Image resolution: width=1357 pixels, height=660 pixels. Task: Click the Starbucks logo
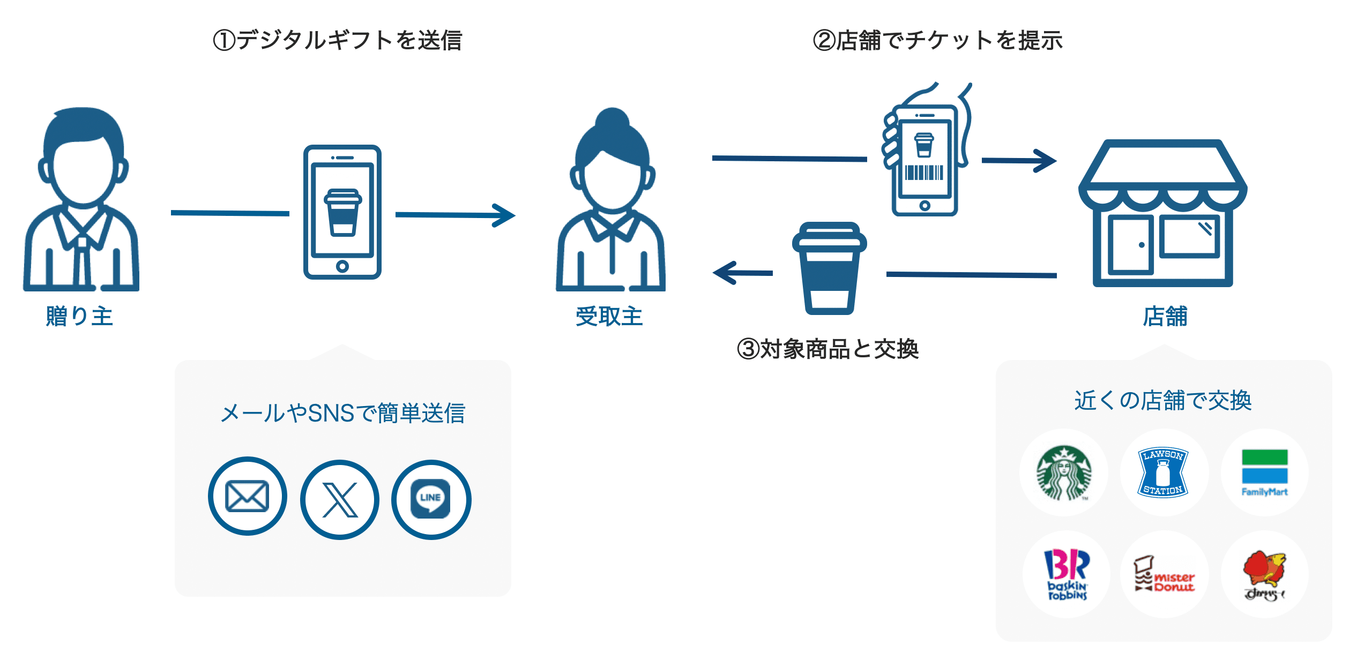coord(1064,472)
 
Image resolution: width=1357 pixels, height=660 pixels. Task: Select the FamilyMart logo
coord(1264,472)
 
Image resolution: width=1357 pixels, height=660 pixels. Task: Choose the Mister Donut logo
coord(1164,574)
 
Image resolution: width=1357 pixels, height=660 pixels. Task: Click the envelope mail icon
coord(247,496)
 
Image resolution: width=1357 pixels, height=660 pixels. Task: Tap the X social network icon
coord(340,499)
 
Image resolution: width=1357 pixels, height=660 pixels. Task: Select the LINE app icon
coord(431,499)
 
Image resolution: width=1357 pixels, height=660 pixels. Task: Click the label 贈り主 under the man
coord(79,316)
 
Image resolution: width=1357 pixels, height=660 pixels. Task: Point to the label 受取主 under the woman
coord(609,316)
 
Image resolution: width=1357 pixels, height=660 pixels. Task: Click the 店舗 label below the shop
coord(1165,316)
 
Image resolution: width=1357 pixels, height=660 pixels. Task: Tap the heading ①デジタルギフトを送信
coord(338,40)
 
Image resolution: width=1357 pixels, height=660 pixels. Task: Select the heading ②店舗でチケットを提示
coord(938,40)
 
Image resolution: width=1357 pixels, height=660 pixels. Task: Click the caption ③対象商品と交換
coord(828,349)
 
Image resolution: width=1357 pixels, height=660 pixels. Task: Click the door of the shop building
coord(1131,245)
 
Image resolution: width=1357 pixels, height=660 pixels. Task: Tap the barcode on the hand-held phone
coord(924,172)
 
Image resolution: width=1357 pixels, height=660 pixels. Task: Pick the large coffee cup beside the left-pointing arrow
coord(829,268)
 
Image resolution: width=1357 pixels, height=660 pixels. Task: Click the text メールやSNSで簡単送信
coord(343,413)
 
